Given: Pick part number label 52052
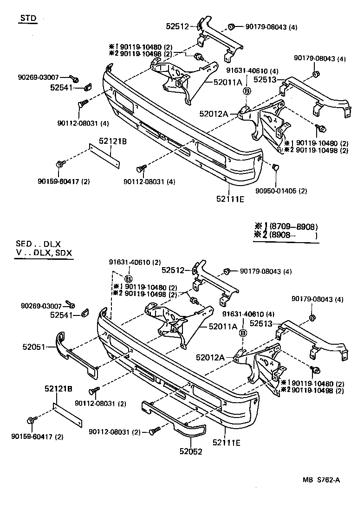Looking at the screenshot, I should [191, 451].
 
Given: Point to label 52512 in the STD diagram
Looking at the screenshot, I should [178, 26].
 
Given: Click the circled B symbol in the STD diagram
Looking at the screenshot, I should [247, 91].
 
